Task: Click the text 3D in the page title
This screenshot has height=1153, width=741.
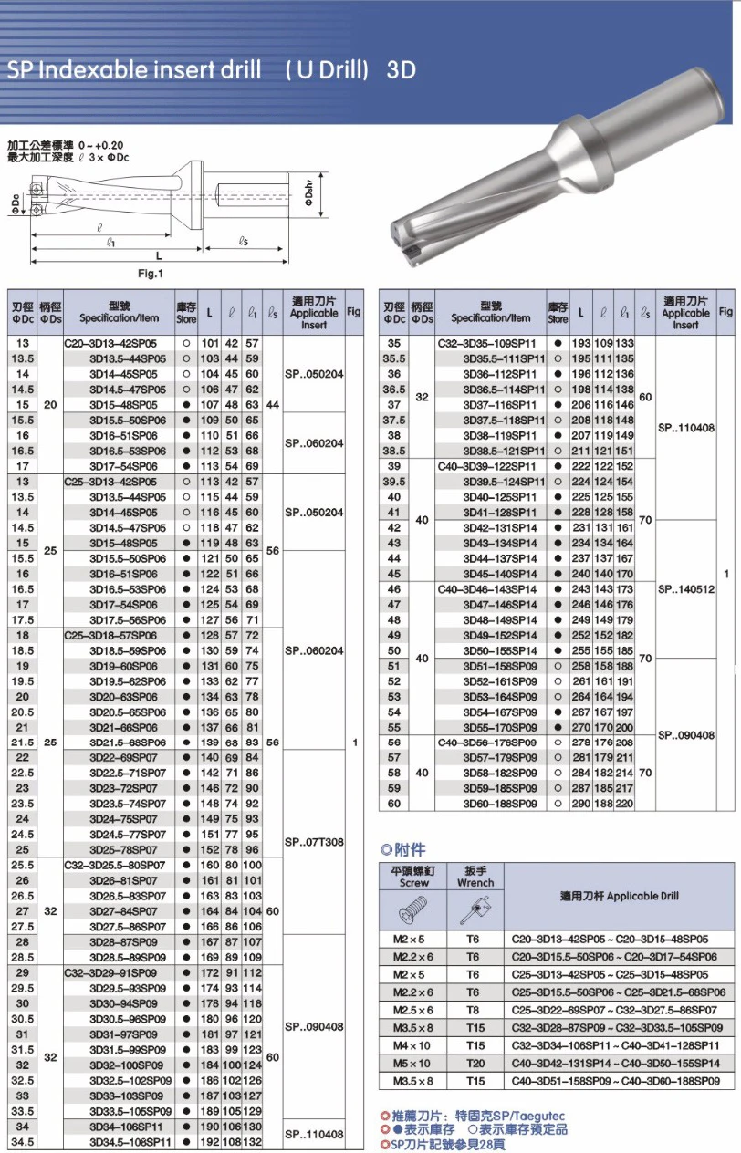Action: click(402, 70)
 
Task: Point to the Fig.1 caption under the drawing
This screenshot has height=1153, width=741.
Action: click(150, 274)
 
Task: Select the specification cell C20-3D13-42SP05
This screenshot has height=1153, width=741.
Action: click(110, 343)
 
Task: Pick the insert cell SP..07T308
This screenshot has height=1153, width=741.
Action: click(313, 842)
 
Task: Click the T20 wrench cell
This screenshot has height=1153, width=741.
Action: click(473, 1064)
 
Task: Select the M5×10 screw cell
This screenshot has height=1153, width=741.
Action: click(413, 1064)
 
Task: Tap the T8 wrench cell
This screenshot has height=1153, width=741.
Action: click(473, 1010)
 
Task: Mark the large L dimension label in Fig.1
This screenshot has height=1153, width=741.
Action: click(158, 256)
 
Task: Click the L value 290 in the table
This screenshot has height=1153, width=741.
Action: click(581, 804)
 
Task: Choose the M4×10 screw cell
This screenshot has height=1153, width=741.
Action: click(413, 1045)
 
